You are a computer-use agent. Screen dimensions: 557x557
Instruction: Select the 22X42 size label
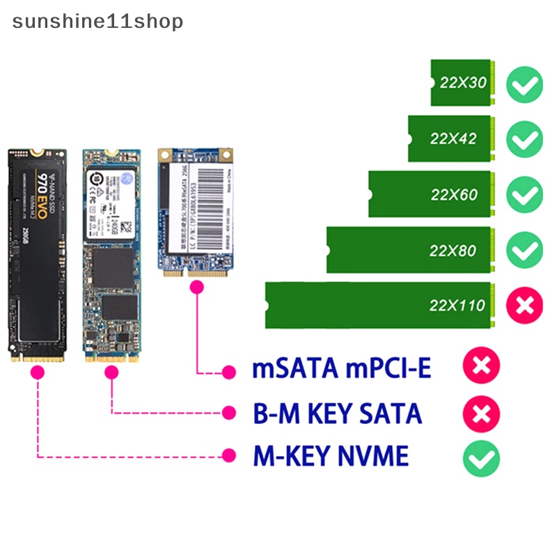[453, 139]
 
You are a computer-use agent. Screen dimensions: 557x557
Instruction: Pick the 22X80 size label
[453, 250]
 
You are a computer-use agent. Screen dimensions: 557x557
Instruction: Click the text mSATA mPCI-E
[341, 368]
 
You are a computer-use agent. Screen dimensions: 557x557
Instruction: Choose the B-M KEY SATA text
[337, 413]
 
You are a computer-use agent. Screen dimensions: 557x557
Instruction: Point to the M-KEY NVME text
[331, 457]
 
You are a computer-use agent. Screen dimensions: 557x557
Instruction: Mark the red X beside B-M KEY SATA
[481, 414]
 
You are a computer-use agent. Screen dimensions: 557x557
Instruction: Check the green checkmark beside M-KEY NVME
[481, 458]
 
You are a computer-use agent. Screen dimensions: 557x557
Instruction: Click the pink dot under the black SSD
[38, 373]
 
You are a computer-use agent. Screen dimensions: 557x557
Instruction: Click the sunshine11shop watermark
[97, 22]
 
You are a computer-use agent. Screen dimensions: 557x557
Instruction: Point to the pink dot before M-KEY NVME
[228, 457]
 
